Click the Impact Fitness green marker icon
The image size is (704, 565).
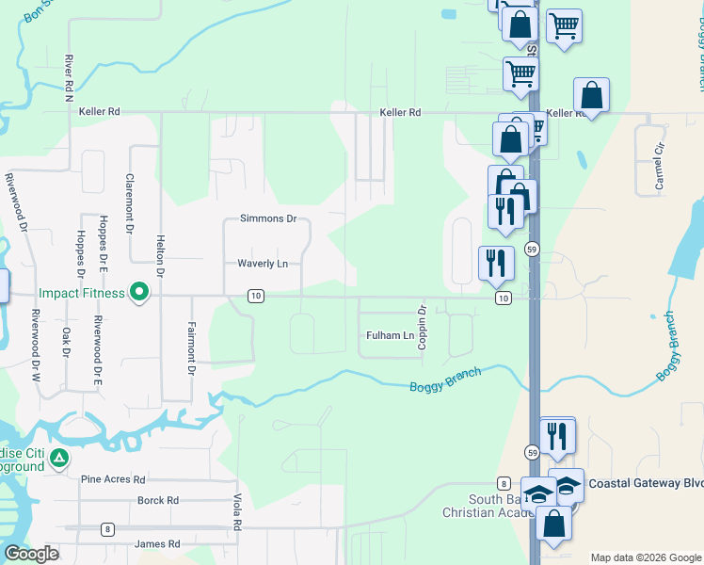click(139, 293)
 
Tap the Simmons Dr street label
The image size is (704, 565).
click(268, 218)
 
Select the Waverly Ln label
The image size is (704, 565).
click(263, 264)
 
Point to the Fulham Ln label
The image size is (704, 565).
click(390, 335)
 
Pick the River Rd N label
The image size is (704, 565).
click(69, 78)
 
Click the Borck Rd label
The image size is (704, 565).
click(158, 501)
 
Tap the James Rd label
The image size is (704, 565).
click(157, 544)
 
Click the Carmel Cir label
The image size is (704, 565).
click(660, 167)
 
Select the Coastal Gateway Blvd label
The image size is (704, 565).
click(646, 483)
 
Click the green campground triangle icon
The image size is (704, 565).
click(59, 459)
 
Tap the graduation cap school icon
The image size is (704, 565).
click(538, 492)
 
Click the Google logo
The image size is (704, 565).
click(31, 554)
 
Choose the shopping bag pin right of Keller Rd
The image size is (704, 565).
click(591, 95)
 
